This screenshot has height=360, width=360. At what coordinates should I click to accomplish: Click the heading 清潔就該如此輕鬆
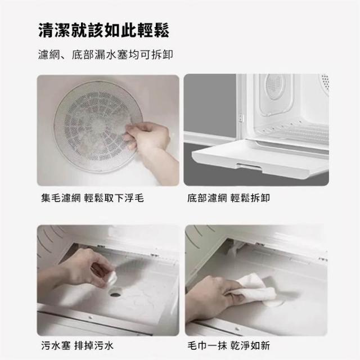click(103, 30)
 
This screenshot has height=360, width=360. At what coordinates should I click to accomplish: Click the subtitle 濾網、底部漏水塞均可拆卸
click(106, 55)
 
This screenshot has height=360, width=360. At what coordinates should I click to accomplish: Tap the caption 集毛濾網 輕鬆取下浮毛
click(92, 198)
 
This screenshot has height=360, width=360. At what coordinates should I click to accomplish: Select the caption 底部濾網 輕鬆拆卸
click(228, 198)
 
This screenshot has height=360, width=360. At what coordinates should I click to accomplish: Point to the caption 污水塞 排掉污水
click(78, 345)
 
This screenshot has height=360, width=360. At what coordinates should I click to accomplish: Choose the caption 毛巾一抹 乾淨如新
click(229, 345)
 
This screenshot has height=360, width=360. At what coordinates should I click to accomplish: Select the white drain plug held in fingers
click(112, 279)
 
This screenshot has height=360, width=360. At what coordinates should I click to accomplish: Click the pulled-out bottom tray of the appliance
click(260, 159)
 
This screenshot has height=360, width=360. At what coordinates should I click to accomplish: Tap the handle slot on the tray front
click(250, 166)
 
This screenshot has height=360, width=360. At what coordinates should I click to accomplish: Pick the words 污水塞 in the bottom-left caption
click(56, 345)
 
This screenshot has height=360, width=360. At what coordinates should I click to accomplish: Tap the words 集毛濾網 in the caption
click(61, 198)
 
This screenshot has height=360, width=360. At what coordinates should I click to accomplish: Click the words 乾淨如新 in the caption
click(250, 345)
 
